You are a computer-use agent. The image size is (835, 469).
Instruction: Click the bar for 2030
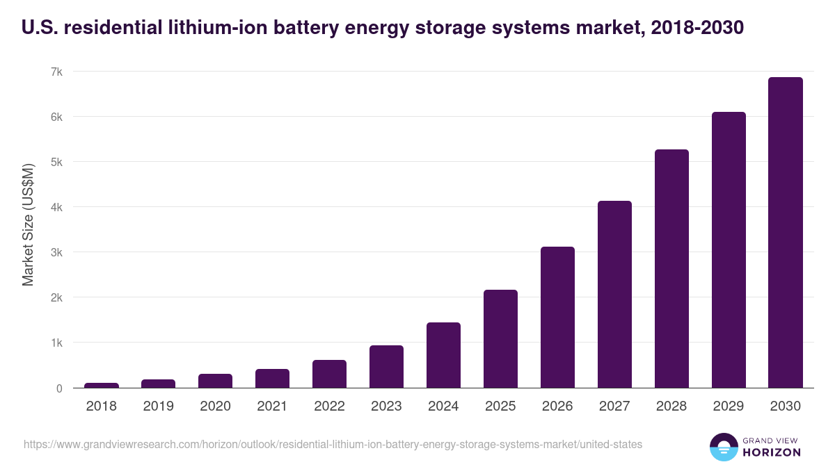pos(786,233)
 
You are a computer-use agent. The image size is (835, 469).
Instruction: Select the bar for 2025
pos(500,339)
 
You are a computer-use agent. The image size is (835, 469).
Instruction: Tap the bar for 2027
pos(614,295)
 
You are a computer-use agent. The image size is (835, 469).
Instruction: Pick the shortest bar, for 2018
pos(102,386)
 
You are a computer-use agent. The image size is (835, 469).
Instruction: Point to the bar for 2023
pos(386,367)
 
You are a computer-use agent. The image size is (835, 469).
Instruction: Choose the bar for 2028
pos(671,269)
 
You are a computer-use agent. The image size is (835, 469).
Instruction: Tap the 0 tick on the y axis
pos(60,388)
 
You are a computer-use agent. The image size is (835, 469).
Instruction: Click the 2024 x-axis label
pos(443,406)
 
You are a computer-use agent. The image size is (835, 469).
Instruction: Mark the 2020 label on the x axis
pos(215,406)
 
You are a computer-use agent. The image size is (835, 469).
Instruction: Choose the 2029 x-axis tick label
pos(729,406)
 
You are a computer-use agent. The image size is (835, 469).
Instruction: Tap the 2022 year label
pos(329,406)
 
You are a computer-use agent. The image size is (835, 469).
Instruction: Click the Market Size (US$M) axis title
pos(29,225)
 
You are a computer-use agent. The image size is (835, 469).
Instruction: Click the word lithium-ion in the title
pos(201,27)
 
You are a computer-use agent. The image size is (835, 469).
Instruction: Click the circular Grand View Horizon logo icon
pos(724,447)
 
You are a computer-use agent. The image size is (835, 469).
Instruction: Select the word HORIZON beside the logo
pos(772,452)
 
